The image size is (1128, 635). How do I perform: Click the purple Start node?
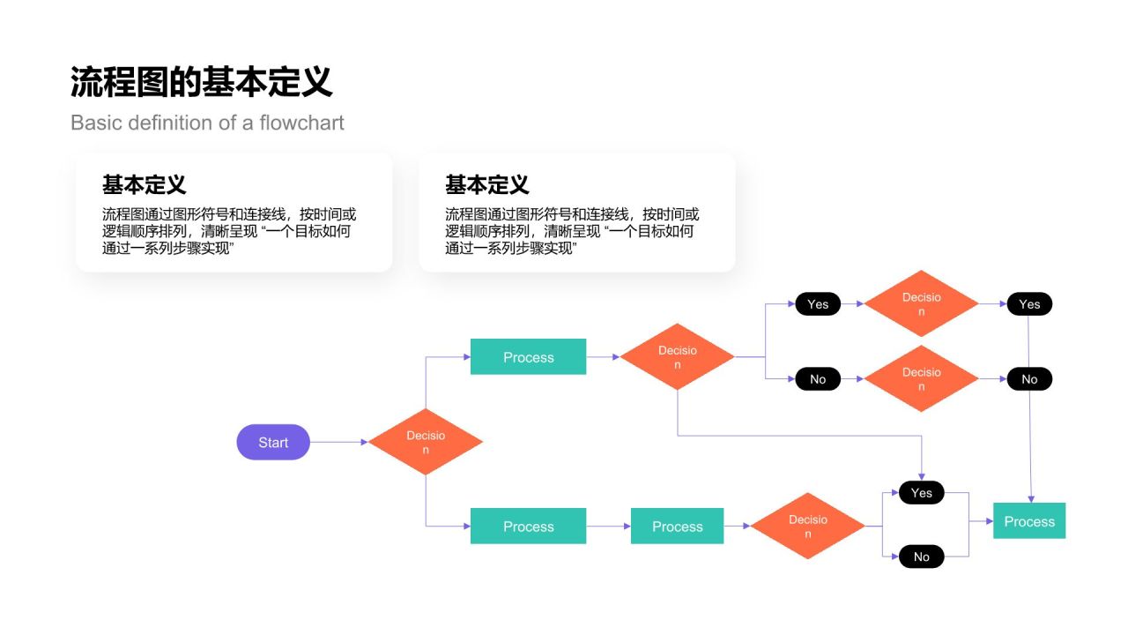(x=273, y=442)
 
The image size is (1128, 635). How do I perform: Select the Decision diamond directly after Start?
(x=426, y=442)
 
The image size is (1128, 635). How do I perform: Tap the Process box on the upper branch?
(x=528, y=357)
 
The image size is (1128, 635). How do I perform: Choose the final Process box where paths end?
(x=1029, y=521)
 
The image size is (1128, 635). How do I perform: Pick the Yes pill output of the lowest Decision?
(x=921, y=493)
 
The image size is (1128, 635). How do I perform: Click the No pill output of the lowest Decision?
(x=921, y=557)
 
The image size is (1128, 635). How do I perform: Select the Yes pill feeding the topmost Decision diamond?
(x=818, y=304)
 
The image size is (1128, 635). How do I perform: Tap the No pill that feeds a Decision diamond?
(x=818, y=379)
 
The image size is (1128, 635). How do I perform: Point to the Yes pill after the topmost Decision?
(x=1029, y=304)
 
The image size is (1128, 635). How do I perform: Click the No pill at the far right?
(x=1029, y=379)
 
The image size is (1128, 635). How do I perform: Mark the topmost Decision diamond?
(x=921, y=304)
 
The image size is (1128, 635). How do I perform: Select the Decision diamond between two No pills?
(x=921, y=379)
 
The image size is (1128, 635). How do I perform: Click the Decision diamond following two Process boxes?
(x=807, y=527)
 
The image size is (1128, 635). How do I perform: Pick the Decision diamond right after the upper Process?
(x=677, y=357)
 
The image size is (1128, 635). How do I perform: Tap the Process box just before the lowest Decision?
(x=677, y=527)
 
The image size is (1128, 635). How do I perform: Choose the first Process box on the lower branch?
(x=528, y=527)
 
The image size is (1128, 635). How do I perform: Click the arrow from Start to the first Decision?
(x=338, y=442)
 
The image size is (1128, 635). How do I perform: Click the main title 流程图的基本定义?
(x=202, y=82)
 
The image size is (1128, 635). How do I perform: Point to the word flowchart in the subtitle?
(x=301, y=123)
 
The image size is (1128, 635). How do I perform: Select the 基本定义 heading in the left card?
(x=144, y=185)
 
